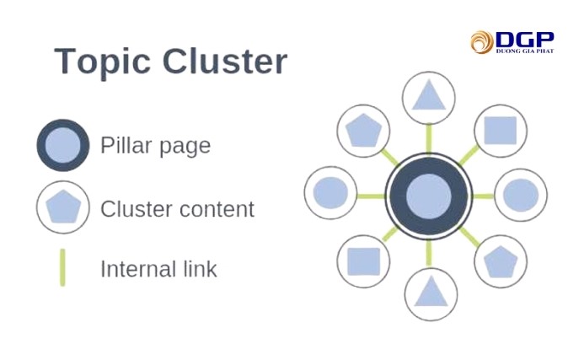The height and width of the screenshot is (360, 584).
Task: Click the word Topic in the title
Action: click(x=102, y=62)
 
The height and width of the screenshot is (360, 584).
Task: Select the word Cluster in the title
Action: click(x=225, y=62)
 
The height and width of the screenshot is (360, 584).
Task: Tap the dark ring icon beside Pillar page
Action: click(x=63, y=146)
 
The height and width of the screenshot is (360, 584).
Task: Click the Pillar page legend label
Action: click(x=155, y=145)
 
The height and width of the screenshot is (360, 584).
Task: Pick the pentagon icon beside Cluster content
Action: click(x=63, y=207)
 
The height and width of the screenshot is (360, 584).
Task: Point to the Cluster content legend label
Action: click(x=177, y=208)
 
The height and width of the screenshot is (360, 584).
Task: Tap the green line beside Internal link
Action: click(x=62, y=268)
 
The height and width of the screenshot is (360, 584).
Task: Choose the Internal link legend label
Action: click(x=158, y=269)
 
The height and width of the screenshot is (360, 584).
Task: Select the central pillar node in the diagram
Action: click(x=430, y=196)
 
